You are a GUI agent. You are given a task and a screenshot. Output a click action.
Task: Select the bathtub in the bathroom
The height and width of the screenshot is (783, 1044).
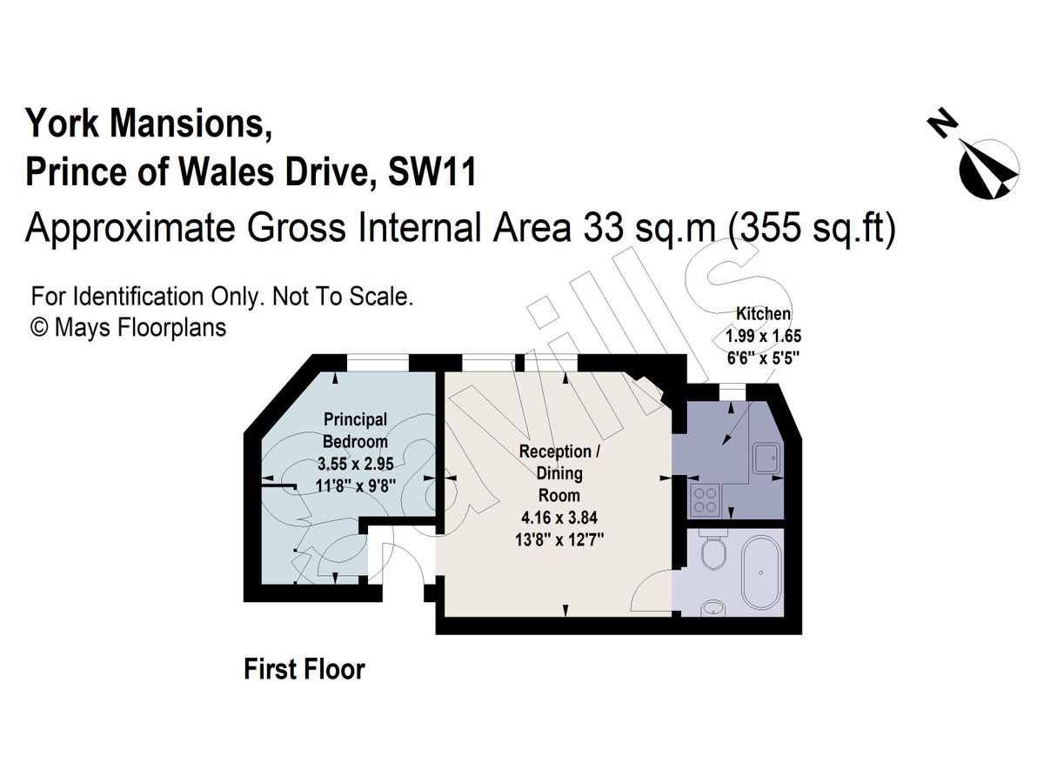click(x=761, y=573)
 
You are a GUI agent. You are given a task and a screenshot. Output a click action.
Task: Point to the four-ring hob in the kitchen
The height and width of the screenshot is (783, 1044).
click(x=705, y=500)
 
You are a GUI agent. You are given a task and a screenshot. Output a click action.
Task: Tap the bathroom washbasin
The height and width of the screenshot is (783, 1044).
click(x=713, y=608)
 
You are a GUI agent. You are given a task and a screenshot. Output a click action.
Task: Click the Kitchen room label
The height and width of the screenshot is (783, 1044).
click(x=763, y=314)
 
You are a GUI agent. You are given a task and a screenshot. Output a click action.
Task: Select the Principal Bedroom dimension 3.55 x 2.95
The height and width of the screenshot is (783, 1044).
click(x=355, y=464)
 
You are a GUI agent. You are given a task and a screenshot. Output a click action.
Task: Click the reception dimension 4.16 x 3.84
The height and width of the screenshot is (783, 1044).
click(x=559, y=518)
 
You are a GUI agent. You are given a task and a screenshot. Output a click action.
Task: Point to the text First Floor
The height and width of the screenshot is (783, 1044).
click(x=304, y=669)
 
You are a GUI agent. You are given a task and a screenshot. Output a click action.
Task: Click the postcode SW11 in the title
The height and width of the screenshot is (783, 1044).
click(x=432, y=171)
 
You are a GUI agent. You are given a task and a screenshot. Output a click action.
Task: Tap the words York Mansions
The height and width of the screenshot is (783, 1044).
click(x=149, y=124)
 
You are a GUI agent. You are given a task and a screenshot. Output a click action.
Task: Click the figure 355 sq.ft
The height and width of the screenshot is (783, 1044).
click(x=812, y=227)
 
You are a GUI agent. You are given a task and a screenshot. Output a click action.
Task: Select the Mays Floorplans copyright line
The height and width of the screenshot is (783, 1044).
click(x=129, y=328)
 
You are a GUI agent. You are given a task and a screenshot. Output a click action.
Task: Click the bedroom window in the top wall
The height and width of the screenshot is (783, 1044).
click(x=378, y=363)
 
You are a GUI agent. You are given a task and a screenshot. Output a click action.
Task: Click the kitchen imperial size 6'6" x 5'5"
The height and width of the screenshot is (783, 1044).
click(x=762, y=358)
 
